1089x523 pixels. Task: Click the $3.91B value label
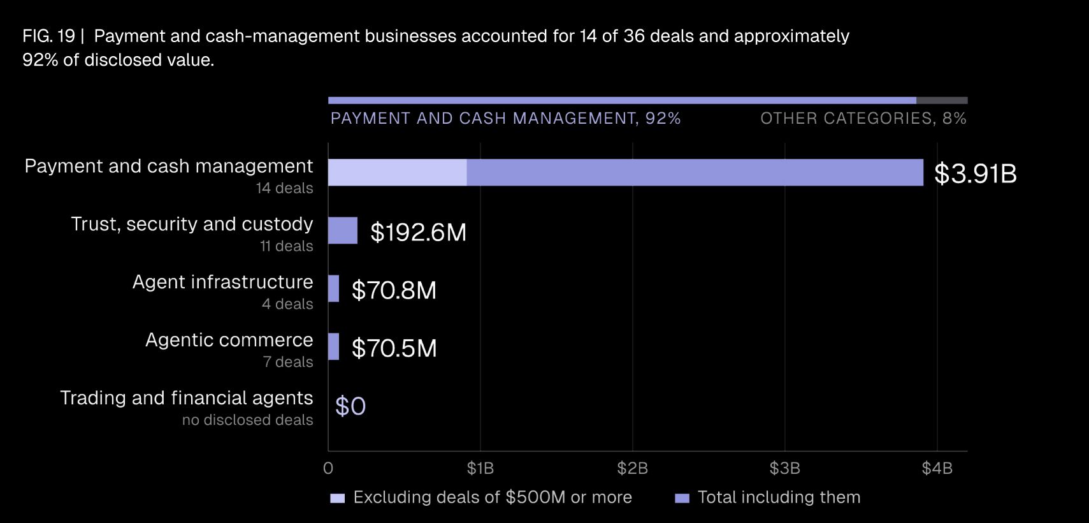coord(975,173)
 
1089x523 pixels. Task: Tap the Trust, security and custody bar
coord(343,230)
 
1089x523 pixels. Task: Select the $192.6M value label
coord(418,232)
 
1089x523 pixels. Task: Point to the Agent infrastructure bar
coord(333,288)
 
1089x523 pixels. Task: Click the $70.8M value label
coord(394,290)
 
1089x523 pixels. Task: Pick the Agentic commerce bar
coord(333,346)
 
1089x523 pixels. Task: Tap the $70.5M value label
coord(394,348)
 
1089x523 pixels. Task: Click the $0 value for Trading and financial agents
coord(350,406)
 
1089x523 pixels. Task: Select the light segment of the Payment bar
coord(397,172)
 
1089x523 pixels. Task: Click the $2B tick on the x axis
coord(633,468)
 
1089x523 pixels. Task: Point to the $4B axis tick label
coord(937,468)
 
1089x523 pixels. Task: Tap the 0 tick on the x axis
coord(328,468)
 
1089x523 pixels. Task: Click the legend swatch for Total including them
coord(682,498)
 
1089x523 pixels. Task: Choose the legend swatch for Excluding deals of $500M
coord(337,498)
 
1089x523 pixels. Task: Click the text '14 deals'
coord(284,188)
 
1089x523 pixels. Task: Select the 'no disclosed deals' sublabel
coord(247,420)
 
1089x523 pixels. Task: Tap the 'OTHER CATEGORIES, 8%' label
coord(863,118)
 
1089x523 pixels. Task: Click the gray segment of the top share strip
coord(942,100)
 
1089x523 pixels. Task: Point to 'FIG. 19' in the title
coord(48,36)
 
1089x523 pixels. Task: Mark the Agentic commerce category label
coord(229,339)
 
